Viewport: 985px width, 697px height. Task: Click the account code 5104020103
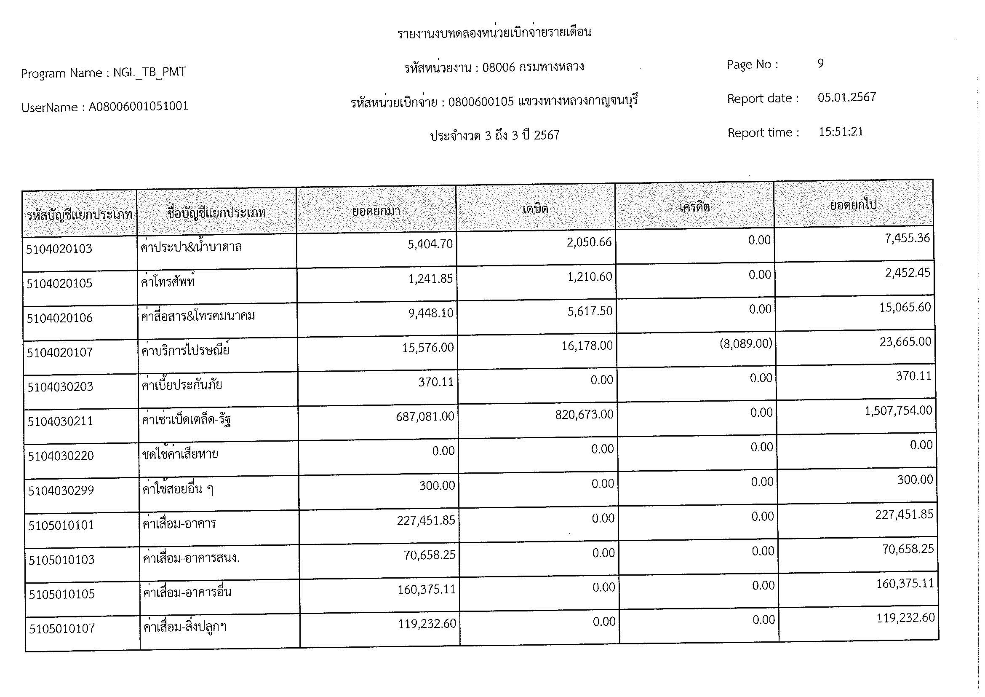(x=59, y=249)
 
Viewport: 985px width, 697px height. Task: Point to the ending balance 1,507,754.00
(x=898, y=411)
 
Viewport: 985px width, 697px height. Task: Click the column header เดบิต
(x=535, y=209)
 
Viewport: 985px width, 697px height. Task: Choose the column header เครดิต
(x=694, y=207)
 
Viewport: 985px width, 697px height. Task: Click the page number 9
(x=820, y=64)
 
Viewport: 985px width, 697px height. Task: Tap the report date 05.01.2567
(x=846, y=97)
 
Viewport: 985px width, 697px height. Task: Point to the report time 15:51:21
(x=841, y=131)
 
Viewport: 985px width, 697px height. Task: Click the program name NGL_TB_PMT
(x=149, y=72)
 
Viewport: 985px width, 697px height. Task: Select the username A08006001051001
(x=138, y=106)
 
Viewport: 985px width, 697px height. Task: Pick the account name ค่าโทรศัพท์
(x=168, y=282)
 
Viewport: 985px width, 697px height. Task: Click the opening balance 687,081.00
(x=425, y=416)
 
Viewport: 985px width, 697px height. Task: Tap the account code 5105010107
(x=62, y=629)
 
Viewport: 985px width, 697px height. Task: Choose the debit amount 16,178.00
(x=587, y=346)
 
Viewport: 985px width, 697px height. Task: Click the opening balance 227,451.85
(x=426, y=520)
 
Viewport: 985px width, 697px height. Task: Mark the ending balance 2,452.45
(x=908, y=273)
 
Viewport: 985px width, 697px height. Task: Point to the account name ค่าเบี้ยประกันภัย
(x=182, y=385)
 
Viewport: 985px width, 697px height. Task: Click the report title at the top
(x=494, y=32)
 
